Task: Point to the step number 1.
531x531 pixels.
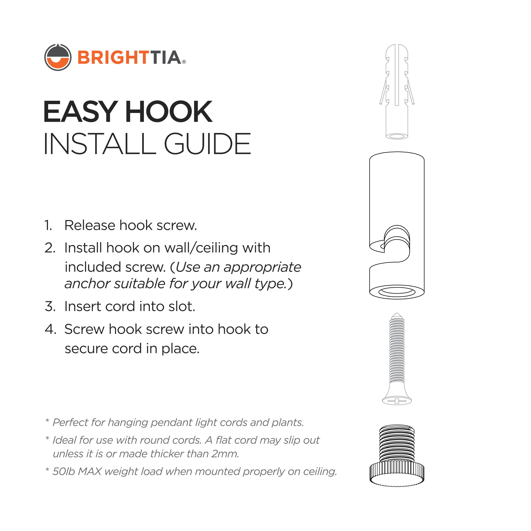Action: tap(48, 226)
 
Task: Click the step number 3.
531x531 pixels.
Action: tap(50, 306)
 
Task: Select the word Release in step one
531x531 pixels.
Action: tap(90, 226)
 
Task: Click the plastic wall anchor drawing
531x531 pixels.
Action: tap(397, 91)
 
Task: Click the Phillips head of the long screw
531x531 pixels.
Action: tap(397, 401)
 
